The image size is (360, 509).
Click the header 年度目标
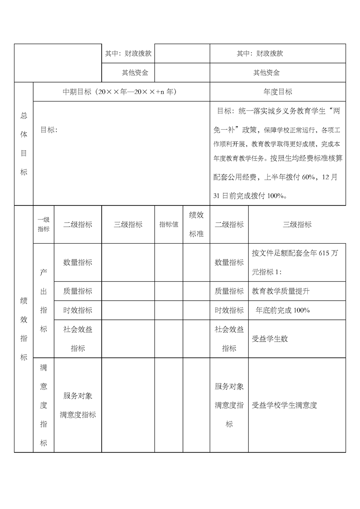click(277, 92)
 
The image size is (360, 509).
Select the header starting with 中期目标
click(119, 92)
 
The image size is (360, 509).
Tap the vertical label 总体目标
click(24, 144)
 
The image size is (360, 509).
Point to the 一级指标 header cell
click(44, 225)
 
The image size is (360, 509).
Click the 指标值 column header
click(168, 225)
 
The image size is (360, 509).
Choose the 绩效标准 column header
click(196, 225)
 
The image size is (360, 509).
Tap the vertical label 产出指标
click(44, 300)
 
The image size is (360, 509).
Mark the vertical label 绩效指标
click(24, 328)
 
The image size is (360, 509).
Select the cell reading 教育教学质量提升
click(281, 291)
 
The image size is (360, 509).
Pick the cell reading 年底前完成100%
click(282, 310)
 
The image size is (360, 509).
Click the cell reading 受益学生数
click(270, 339)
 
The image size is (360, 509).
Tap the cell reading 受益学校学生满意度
click(284, 405)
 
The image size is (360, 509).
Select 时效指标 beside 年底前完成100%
click(229, 310)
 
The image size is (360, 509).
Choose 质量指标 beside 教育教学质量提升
click(229, 291)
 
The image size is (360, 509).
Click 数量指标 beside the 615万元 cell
click(229, 262)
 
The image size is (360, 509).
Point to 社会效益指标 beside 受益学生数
click(229, 339)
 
